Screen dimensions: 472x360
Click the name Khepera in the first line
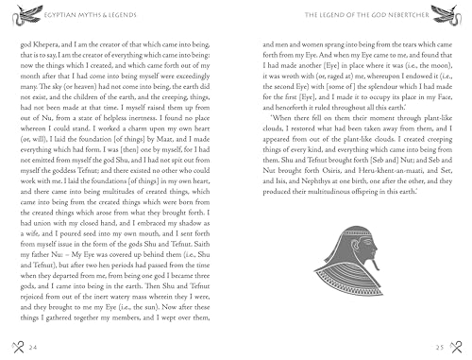click(x=47, y=43)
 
